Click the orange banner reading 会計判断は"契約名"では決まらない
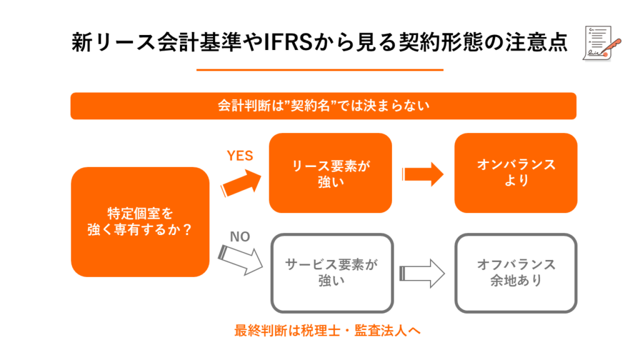pos(323,106)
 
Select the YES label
pos(239,156)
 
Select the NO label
pos(240,237)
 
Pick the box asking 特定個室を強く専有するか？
pos(139,221)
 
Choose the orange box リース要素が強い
pos(330,173)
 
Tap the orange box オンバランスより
pos(516,173)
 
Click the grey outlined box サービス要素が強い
pos(332,272)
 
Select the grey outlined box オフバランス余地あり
pos(516,272)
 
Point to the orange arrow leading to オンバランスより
pos(423,174)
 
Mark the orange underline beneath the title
pos(319,70)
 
